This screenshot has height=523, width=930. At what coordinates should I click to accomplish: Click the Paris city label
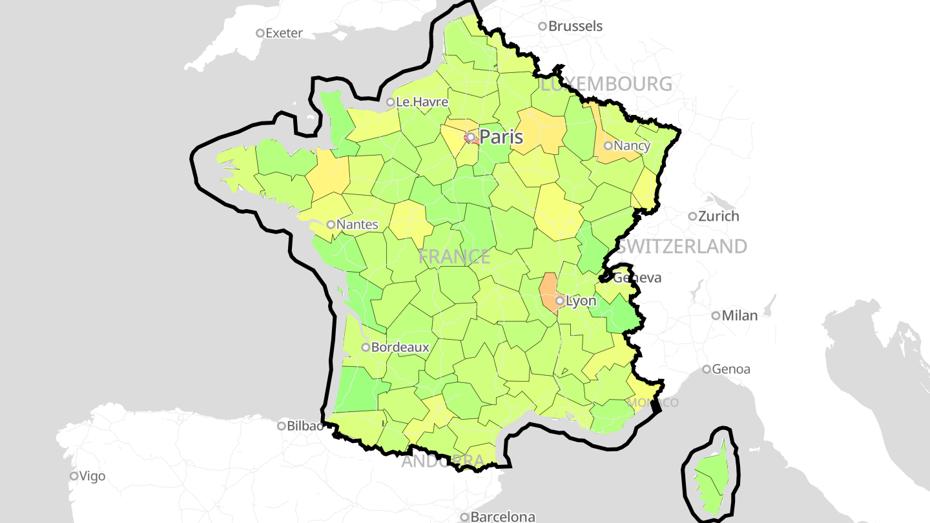tap(501, 137)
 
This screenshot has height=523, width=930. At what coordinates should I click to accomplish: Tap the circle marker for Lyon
tap(560, 301)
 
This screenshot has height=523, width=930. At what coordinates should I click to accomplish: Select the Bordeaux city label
tap(400, 347)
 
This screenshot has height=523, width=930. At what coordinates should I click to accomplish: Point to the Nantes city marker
tap(331, 225)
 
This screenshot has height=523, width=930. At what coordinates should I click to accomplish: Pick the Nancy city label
tap(632, 145)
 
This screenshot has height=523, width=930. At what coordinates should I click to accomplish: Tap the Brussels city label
tap(575, 26)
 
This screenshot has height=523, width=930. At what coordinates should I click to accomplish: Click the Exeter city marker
tap(260, 33)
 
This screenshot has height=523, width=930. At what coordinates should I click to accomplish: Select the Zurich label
tap(718, 216)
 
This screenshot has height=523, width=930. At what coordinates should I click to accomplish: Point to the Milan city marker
tap(716, 316)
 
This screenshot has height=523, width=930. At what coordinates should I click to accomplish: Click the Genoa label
tap(732, 369)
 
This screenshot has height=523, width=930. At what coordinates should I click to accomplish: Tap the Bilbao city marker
tap(282, 426)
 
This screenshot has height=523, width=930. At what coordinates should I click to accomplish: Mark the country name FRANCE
tap(454, 257)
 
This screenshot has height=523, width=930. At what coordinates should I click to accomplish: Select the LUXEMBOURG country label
tap(606, 84)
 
